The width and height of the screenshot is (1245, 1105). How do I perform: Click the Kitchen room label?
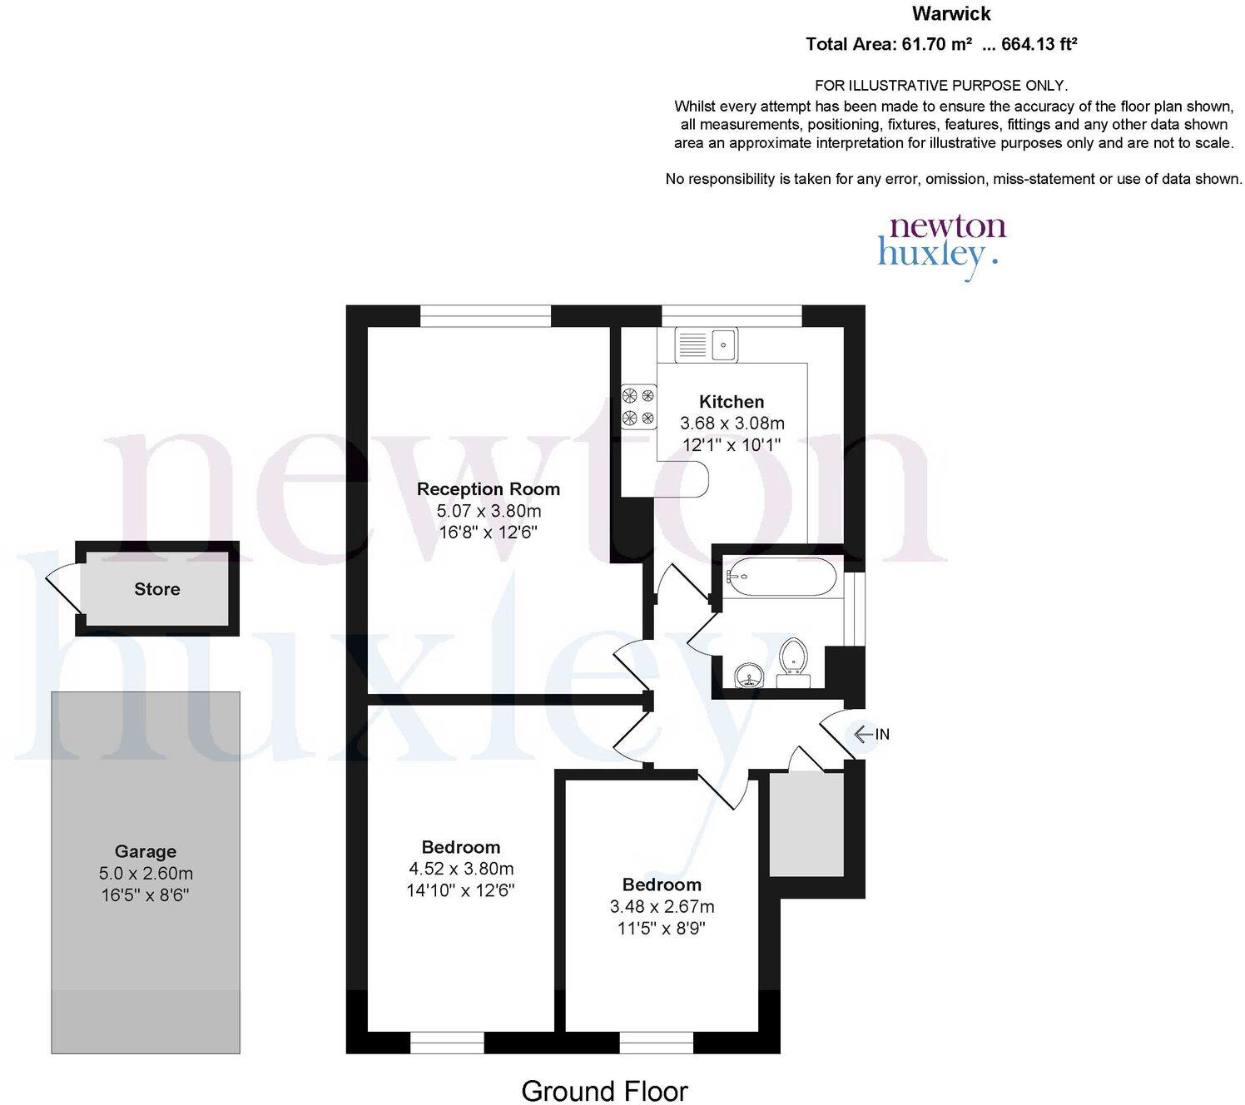click(731, 402)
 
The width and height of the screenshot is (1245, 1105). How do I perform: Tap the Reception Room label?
click(489, 489)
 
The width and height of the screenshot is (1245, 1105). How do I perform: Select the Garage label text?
click(145, 851)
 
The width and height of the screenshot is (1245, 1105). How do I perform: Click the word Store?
click(156, 589)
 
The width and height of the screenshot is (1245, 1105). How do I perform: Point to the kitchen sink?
click(706, 344)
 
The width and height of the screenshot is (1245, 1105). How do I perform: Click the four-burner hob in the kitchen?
click(638, 406)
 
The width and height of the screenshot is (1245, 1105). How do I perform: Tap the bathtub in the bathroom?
click(779, 576)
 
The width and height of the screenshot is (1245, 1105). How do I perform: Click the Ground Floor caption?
click(604, 1090)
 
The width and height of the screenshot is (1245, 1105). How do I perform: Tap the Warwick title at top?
click(951, 13)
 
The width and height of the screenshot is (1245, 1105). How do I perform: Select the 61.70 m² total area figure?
click(936, 45)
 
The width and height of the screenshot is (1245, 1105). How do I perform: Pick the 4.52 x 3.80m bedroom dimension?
click(460, 869)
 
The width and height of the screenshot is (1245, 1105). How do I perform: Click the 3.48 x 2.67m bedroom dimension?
click(662, 906)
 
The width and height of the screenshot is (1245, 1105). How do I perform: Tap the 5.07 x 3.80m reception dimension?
click(489, 511)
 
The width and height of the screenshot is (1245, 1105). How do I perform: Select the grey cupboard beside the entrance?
click(806, 824)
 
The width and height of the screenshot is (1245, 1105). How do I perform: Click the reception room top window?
click(485, 316)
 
